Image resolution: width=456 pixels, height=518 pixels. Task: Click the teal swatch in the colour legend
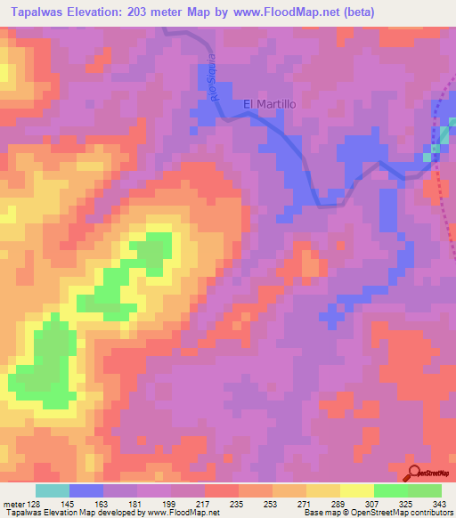pos(53,490)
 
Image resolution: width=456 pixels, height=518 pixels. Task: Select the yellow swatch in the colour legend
pos(356,490)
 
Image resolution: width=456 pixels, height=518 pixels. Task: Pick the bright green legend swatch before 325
pos(390,490)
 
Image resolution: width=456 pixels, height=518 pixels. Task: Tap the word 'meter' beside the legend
pos(12,503)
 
